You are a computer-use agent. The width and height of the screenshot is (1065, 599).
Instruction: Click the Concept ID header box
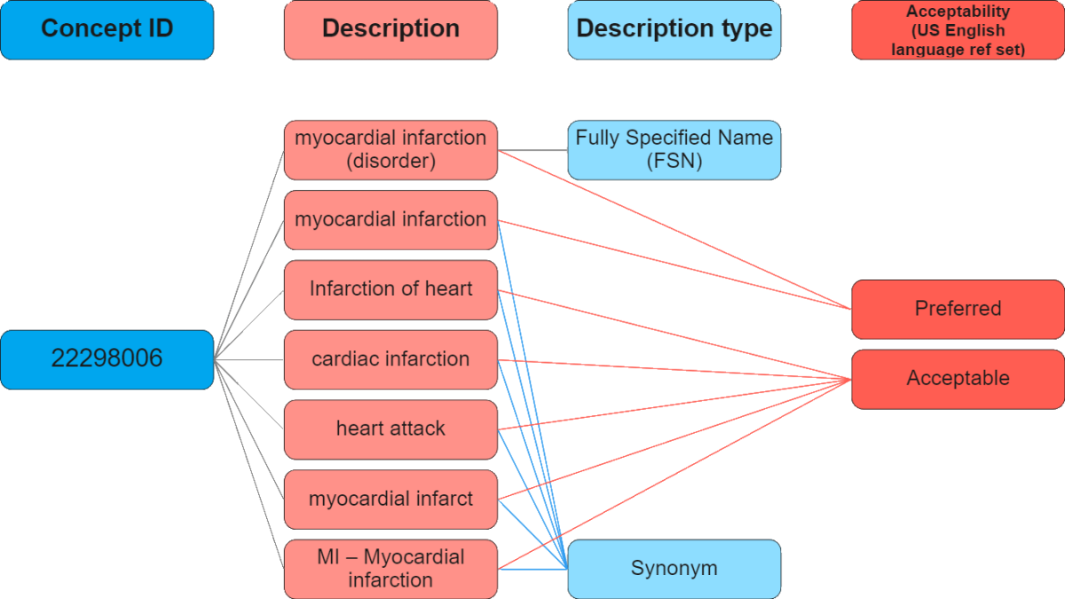tap(106, 29)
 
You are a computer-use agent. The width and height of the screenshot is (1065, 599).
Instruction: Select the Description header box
tap(390, 29)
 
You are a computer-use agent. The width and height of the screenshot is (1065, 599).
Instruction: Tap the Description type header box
tap(674, 29)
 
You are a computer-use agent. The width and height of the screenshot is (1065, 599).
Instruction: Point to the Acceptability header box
tap(958, 29)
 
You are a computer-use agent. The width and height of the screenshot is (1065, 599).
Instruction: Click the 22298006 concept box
tap(106, 359)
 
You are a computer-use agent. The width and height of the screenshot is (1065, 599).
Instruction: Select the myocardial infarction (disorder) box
tap(390, 150)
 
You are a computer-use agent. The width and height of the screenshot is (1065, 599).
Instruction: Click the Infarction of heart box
tap(390, 289)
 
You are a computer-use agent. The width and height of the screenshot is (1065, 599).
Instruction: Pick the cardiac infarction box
tap(390, 359)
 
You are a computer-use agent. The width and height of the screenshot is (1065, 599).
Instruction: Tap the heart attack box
tap(390, 429)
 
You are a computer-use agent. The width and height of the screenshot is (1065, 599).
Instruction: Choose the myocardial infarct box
tap(390, 499)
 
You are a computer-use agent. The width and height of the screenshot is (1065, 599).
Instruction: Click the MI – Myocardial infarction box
tap(390, 568)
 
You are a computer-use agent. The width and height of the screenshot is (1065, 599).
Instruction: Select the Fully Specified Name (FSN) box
tap(674, 150)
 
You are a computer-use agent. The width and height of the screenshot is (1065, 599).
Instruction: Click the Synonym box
tap(674, 568)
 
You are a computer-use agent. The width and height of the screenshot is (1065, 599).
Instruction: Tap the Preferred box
tap(958, 309)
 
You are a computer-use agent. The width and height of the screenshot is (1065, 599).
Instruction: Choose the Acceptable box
tap(958, 378)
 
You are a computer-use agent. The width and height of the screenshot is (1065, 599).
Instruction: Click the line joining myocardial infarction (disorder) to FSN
tap(532, 150)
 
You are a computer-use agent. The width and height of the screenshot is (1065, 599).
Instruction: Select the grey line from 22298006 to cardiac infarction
tap(248, 359)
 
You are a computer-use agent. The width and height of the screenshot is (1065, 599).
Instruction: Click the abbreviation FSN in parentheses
tap(674, 162)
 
